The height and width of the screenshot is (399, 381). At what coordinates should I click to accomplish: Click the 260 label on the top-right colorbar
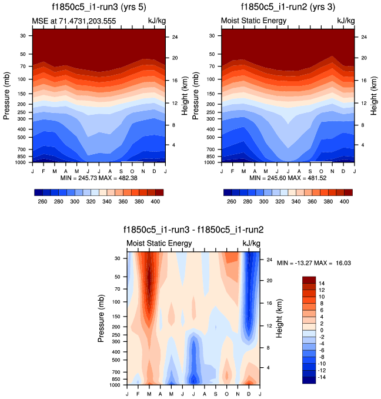pos(231,201)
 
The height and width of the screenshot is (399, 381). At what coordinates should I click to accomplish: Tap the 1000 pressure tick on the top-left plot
pos(20,162)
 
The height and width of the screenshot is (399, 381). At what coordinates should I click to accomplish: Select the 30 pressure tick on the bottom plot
pos(118,258)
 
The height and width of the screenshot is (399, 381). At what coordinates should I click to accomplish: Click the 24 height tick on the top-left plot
pos(175,37)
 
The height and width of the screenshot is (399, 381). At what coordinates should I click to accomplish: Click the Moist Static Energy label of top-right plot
pos(253,21)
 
